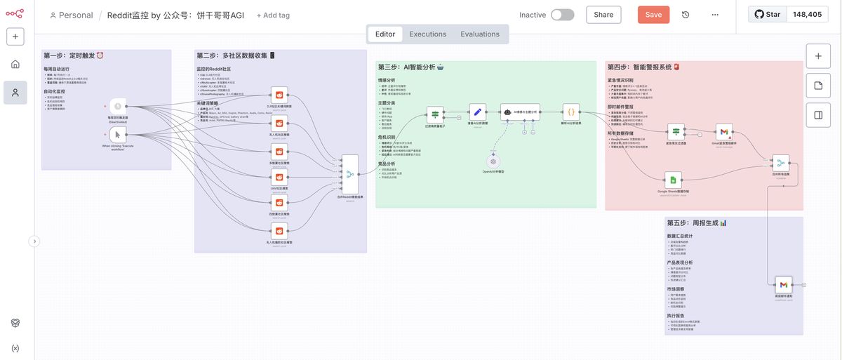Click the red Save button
653,15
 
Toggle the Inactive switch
562,15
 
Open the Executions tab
427,34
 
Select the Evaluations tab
480,34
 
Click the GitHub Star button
768,14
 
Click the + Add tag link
273,15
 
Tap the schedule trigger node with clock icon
118,107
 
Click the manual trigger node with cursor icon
118,135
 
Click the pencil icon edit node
477,112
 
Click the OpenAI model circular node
493,161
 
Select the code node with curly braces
571,112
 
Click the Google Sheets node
673,180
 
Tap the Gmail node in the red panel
724,131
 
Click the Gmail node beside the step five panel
784,285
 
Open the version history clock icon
686,15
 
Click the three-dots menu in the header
714,15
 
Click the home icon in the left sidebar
15,65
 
